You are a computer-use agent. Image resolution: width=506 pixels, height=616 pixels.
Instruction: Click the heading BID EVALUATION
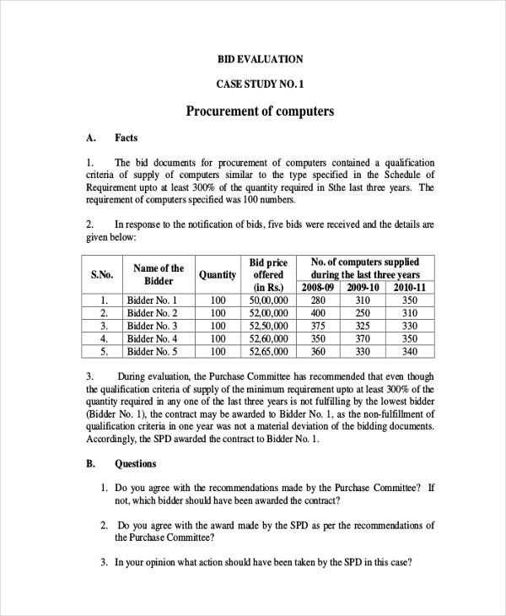pyautogui.click(x=260, y=59)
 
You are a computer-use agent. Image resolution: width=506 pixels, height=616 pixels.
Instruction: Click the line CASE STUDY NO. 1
pyautogui.click(x=260, y=84)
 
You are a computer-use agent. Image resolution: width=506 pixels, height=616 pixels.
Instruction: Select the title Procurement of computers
pyautogui.click(x=260, y=111)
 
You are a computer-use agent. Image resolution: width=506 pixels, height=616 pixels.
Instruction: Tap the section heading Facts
pyautogui.click(x=126, y=138)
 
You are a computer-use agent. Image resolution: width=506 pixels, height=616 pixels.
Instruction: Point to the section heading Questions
pyautogui.click(x=135, y=463)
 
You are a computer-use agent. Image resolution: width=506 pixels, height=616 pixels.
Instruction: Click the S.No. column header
pyautogui.click(x=102, y=274)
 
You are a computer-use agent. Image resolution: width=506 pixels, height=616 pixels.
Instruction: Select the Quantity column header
pyautogui.click(x=218, y=274)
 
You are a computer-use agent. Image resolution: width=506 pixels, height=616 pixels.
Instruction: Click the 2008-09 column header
pyautogui.click(x=318, y=288)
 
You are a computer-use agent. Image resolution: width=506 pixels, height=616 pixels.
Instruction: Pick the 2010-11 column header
pyautogui.click(x=410, y=288)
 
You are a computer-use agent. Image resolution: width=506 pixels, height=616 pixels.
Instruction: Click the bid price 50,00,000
pyautogui.click(x=269, y=300)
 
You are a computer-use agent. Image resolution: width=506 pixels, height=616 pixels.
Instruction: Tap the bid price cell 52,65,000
pyautogui.click(x=269, y=352)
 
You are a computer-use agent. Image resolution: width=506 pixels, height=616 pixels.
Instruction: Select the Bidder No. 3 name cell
pyautogui.click(x=152, y=326)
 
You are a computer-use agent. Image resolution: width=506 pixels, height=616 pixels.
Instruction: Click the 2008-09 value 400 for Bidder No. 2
pyautogui.click(x=318, y=313)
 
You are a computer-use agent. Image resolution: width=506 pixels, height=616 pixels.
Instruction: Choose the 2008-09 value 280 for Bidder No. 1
pyautogui.click(x=318, y=300)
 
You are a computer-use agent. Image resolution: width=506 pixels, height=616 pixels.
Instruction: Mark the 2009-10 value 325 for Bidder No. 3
pyautogui.click(x=363, y=326)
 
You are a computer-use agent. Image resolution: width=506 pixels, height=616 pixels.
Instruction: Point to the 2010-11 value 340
pyautogui.click(x=410, y=352)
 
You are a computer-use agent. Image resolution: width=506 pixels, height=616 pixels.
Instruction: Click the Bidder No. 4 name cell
pyautogui.click(x=152, y=339)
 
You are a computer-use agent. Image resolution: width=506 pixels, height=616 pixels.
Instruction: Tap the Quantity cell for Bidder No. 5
pyautogui.click(x=218, y=352)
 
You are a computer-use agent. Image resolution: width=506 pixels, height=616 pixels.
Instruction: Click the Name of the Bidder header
pyautogui.click(x=159, y=274)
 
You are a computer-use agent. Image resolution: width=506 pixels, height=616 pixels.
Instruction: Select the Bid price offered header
pyautogui.click(x=269, y=274)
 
